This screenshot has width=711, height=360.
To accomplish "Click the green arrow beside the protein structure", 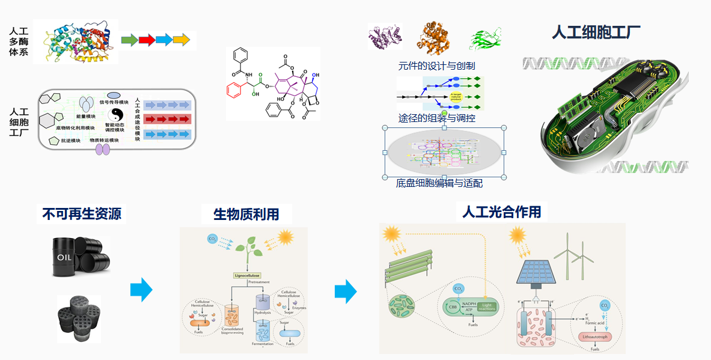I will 129,40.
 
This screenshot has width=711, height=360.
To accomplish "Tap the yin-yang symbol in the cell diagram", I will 117,114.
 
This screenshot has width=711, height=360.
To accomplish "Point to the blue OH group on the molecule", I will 316,75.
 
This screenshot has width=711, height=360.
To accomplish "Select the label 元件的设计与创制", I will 436,66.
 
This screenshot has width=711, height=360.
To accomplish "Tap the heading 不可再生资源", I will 82,214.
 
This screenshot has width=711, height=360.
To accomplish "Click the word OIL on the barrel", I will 64,257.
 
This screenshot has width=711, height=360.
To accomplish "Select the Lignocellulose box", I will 251,276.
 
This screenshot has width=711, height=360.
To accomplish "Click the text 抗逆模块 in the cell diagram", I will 71,141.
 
